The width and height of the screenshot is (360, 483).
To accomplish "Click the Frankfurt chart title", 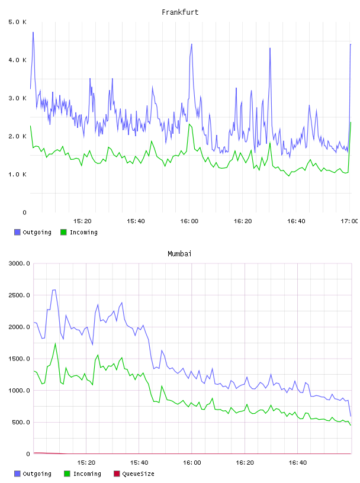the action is coord(180,12).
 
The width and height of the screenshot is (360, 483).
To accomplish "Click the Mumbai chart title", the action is coord(179,254).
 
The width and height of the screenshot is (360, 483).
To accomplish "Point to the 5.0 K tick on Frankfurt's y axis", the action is coord(18,22).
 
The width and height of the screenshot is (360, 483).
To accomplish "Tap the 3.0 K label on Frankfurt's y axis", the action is coord(18,98).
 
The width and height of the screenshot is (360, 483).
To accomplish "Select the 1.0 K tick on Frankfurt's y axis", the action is coord(18,175).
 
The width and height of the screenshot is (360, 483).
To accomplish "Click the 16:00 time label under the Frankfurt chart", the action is coord(189,221).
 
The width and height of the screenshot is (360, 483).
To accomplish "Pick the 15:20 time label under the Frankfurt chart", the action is coord(82,221).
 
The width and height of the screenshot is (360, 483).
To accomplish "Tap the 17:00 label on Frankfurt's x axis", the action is coord(349,221).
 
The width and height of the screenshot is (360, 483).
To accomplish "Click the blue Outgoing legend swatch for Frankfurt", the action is coord(17,232).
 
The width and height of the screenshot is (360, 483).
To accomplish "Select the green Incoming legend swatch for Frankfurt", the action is coord(63,232).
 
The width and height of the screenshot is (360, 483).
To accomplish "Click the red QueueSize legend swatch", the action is coord(117,474).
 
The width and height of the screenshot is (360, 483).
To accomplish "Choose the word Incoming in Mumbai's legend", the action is coord(87,474).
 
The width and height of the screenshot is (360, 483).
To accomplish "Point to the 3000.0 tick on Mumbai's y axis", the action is coord(20,263).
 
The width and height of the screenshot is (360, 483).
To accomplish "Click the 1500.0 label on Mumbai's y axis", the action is coord(20,359).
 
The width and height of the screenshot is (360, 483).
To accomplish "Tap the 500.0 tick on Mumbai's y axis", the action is coord(21,422).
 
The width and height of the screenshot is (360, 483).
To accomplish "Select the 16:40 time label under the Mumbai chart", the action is coord(298,463).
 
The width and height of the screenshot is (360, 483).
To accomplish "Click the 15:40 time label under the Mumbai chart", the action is coord(139,463).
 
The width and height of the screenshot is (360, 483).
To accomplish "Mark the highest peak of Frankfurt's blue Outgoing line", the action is coord(33,32).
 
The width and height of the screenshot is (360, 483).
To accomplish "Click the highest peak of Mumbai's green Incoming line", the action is coord(56,343).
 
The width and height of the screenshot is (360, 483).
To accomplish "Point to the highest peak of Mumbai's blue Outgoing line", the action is coord(54,290).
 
